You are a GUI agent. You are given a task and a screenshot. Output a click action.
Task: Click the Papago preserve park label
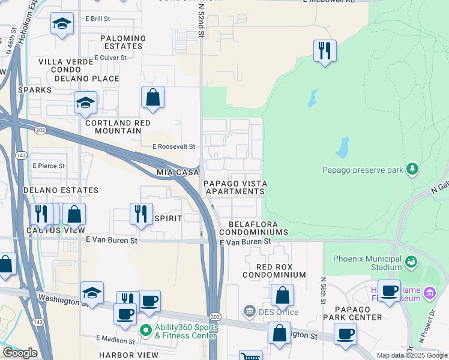tap(363, 170)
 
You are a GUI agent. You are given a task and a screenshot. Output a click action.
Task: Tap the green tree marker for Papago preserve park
tap(412, 169)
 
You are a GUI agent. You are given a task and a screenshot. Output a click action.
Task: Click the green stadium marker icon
tap(411, 262)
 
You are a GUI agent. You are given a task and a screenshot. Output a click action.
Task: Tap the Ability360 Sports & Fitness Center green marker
tap(145, 329)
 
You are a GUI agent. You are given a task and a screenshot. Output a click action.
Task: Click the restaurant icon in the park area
tap(325, 51)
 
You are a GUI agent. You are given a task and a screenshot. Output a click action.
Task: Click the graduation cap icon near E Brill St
tap(62, 24)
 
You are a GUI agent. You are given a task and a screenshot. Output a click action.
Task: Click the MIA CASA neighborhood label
tap(178, 172)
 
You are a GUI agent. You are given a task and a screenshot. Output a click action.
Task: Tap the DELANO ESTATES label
tap(61, 190)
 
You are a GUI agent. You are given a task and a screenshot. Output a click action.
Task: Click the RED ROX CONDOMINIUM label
tap(274, 270)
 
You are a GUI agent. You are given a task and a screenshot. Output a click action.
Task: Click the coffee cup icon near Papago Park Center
tap(345, 334)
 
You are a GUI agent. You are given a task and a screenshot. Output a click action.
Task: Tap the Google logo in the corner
tap(20, 353)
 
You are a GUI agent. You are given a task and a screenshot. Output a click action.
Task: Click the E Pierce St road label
tap(49, 166)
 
